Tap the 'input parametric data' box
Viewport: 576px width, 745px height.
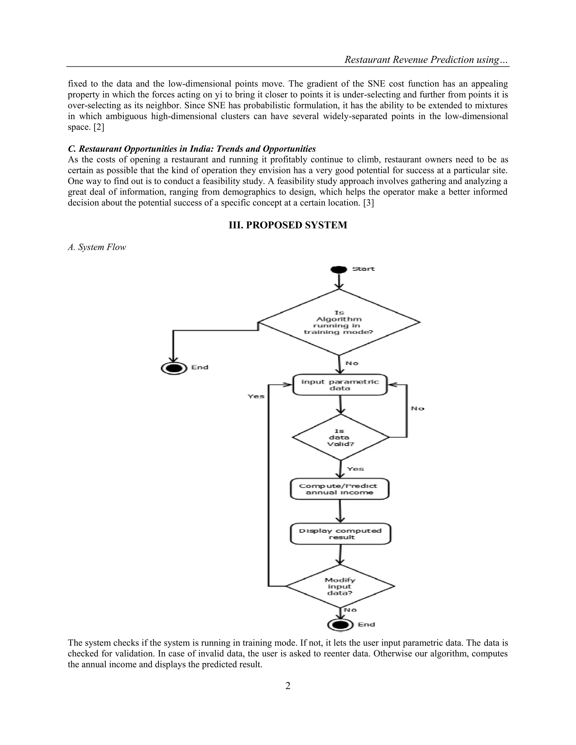pos(340,385)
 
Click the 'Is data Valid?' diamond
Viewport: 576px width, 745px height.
pos(340,437)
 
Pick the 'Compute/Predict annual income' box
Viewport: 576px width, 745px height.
pos(339,489)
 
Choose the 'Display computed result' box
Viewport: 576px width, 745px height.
pos(340,534)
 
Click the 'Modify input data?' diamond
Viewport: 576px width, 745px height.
pos(340,586)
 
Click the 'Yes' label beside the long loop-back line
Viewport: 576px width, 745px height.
pos(256,396)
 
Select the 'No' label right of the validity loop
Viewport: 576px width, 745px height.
pos(417,408)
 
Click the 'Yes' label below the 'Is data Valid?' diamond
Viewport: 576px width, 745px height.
pos(355,469)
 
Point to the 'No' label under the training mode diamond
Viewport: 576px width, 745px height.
pos(352,363)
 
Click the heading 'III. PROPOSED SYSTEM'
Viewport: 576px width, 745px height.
pos(288,225)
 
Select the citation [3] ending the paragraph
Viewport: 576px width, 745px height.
pos(368,203)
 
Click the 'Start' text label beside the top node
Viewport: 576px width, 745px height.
pos(363,269)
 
